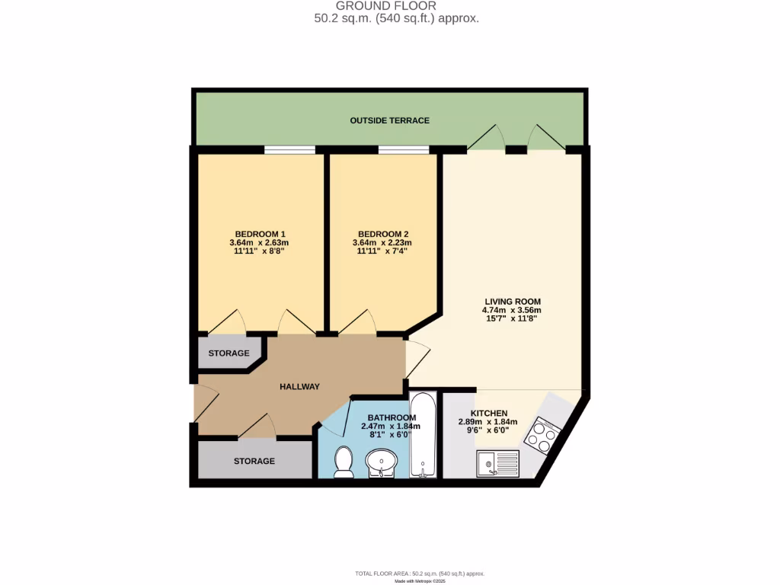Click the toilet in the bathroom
coord(344,462)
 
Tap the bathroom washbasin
coord(381,462)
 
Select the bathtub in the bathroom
coord(423,436)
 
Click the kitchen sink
coord(497,462)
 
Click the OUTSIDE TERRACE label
coord(389,120)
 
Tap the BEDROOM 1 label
coord(260,233)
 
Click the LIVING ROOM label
coord(512,301)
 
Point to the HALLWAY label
coord(299,386)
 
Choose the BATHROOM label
coord(392,417)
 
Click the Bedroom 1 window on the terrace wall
coord(289,149)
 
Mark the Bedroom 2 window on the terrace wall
coord(403,149)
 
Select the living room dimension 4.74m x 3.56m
coord(512,310)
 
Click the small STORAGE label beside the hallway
coord(229,353)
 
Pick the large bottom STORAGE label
coord(254,461)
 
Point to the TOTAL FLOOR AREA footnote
coord(420,574)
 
